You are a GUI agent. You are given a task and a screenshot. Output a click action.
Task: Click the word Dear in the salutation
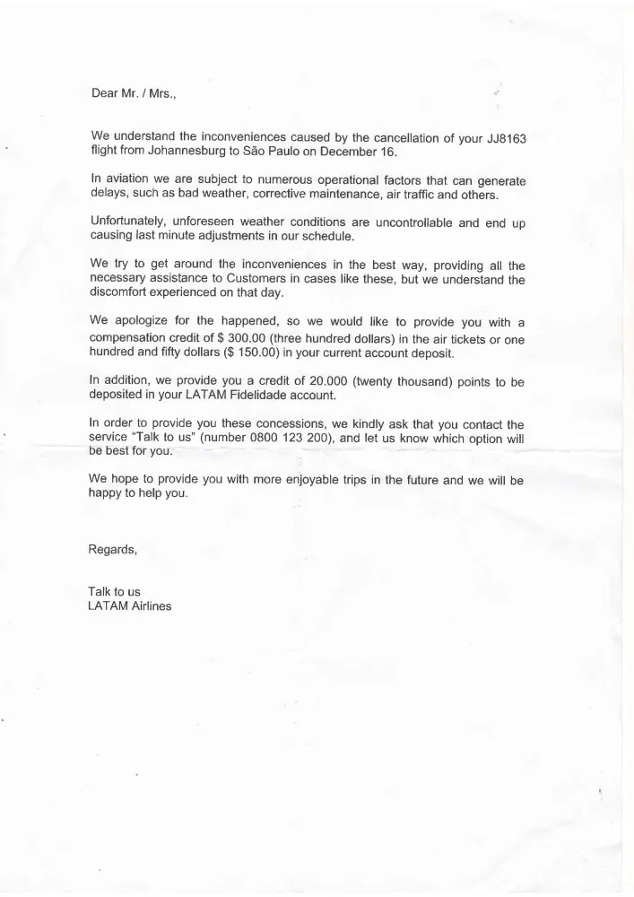pos(106,92)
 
